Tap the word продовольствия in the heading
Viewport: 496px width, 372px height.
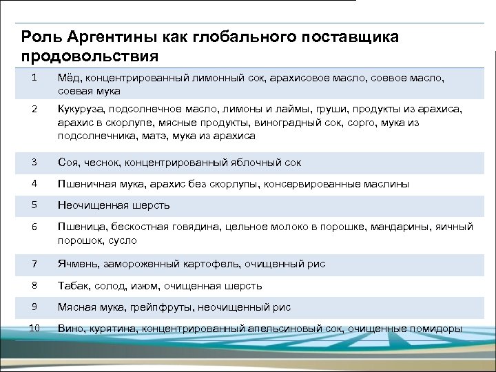pos(90,54)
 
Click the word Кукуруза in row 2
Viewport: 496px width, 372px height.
pos(81,109)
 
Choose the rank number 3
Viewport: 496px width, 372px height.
pos(34,162)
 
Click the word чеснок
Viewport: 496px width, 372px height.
pos(103,163)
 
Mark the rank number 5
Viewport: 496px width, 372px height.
pos(34,205)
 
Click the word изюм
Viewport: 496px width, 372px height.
pos(146,285)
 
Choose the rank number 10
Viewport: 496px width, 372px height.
pos(34,328)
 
